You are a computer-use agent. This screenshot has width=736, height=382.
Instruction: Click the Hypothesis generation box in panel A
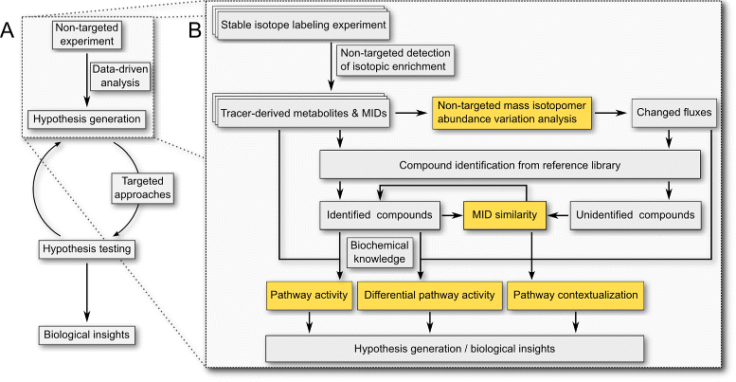87,119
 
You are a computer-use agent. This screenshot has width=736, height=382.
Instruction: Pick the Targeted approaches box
144,189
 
